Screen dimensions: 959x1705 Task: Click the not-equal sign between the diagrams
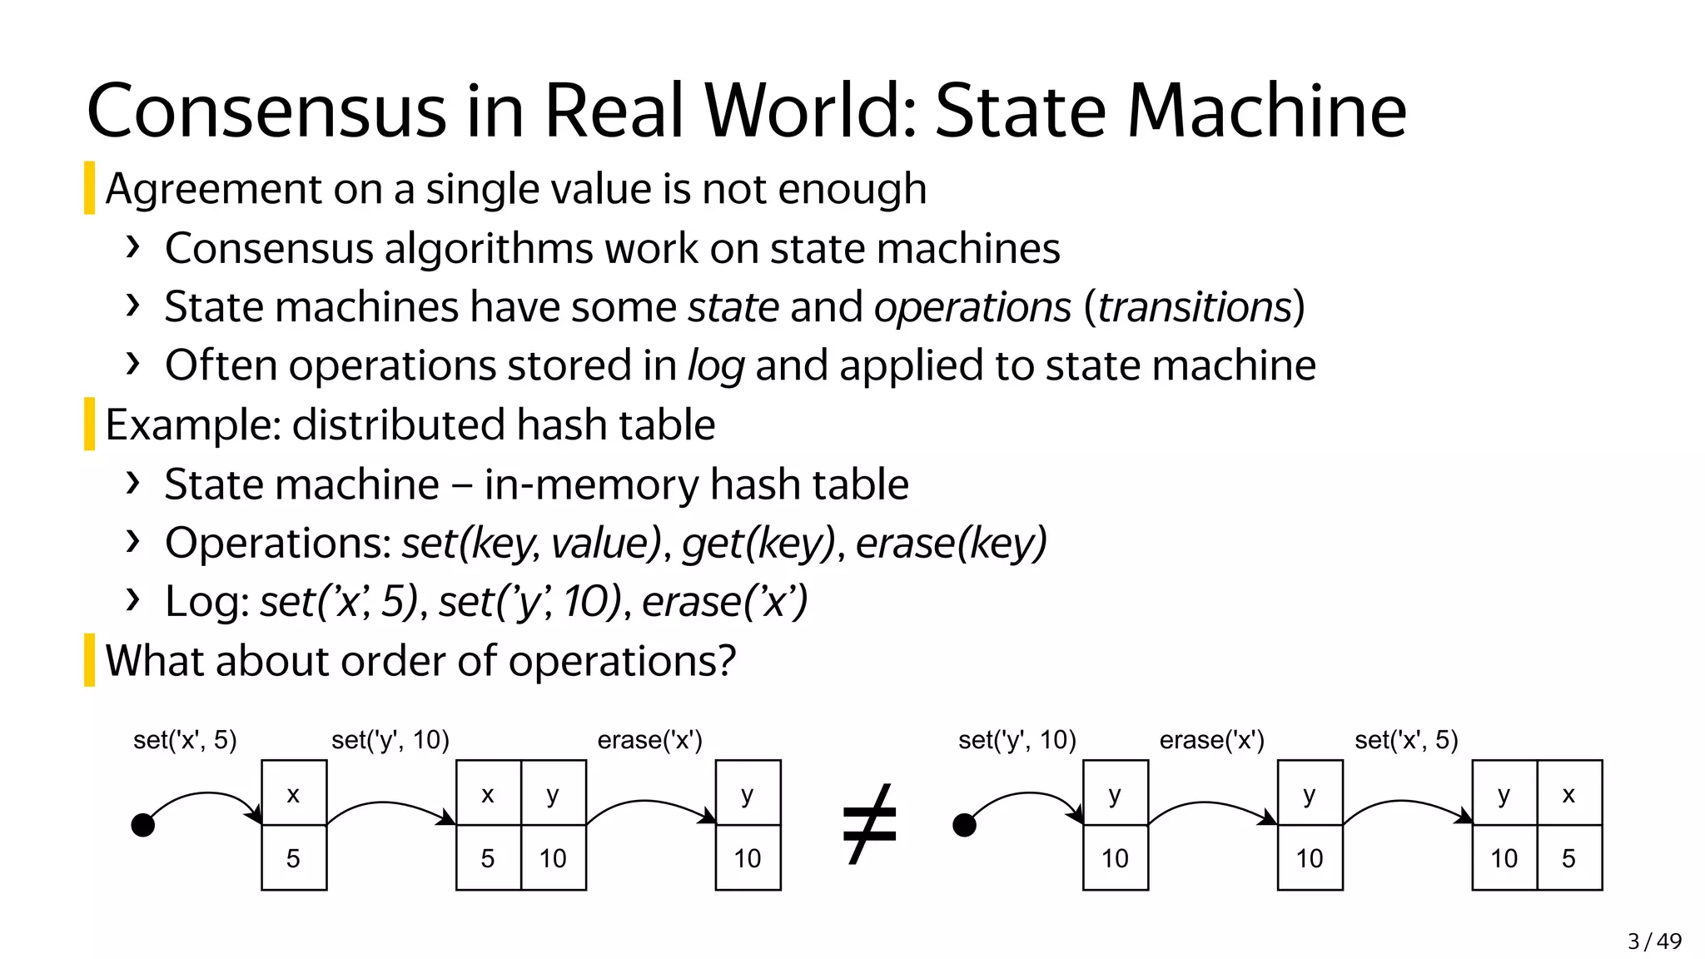point(869,824)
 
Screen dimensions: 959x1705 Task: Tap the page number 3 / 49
point(1654,941)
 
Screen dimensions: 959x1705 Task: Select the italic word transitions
point(1194,306)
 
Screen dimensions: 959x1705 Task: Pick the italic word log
point(715,366)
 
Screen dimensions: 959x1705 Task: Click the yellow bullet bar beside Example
point(89,424)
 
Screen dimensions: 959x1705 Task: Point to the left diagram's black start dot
point(143,825)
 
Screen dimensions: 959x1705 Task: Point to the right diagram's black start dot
point(964,825)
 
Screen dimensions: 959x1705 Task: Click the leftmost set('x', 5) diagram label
point(185,739)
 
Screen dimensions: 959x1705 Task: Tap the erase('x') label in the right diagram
point(1211,739)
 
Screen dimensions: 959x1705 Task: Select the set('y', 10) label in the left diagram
point(390,739)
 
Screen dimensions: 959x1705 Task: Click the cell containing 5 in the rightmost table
point(1568,857)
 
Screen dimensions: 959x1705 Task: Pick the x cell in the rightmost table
point(1568,793)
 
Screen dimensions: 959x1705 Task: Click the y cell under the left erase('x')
point(748,793)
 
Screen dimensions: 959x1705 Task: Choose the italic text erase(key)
point(951,543)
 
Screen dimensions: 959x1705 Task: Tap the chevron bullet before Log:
point(132,599)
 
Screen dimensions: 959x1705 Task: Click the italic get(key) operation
point(758,543)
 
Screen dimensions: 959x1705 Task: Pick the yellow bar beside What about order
point(89,660)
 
